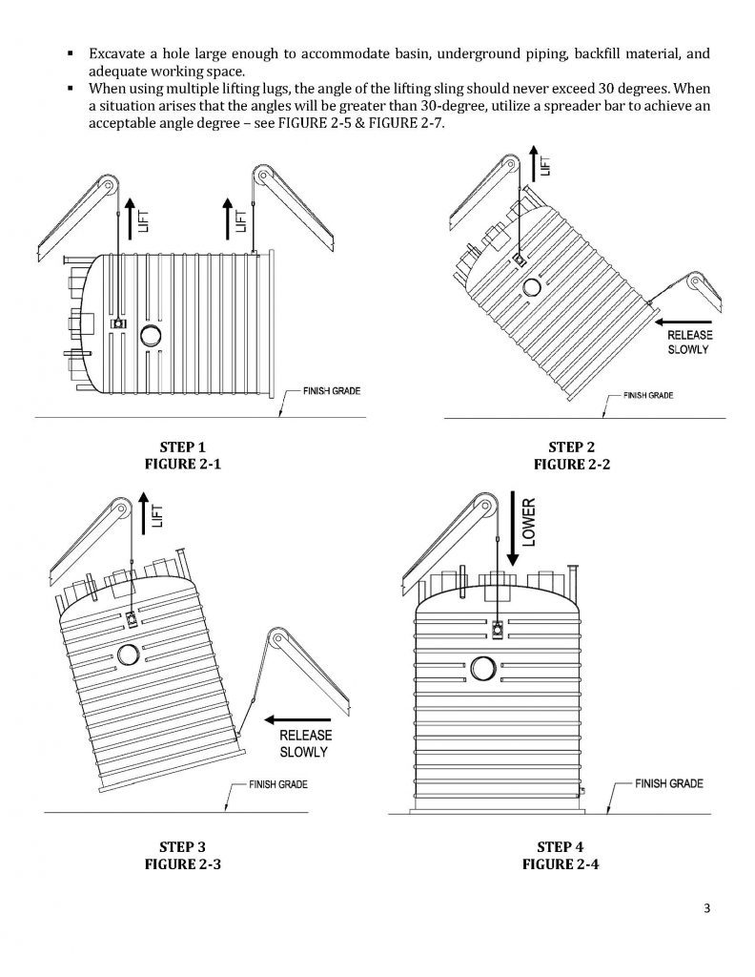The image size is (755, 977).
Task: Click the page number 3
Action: tap(707, 907)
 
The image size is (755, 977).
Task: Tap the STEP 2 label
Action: tap(571, 447)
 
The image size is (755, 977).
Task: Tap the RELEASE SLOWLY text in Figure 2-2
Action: tap(689, 343)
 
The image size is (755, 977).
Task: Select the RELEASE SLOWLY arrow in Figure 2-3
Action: tap(298, 718)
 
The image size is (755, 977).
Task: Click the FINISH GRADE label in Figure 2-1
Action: tap(331, 392)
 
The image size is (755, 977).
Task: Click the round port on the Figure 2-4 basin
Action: tap(484, 668)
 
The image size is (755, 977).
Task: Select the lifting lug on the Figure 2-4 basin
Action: tap(498, 629)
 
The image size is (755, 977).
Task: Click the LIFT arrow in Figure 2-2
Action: tap(530, 163)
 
